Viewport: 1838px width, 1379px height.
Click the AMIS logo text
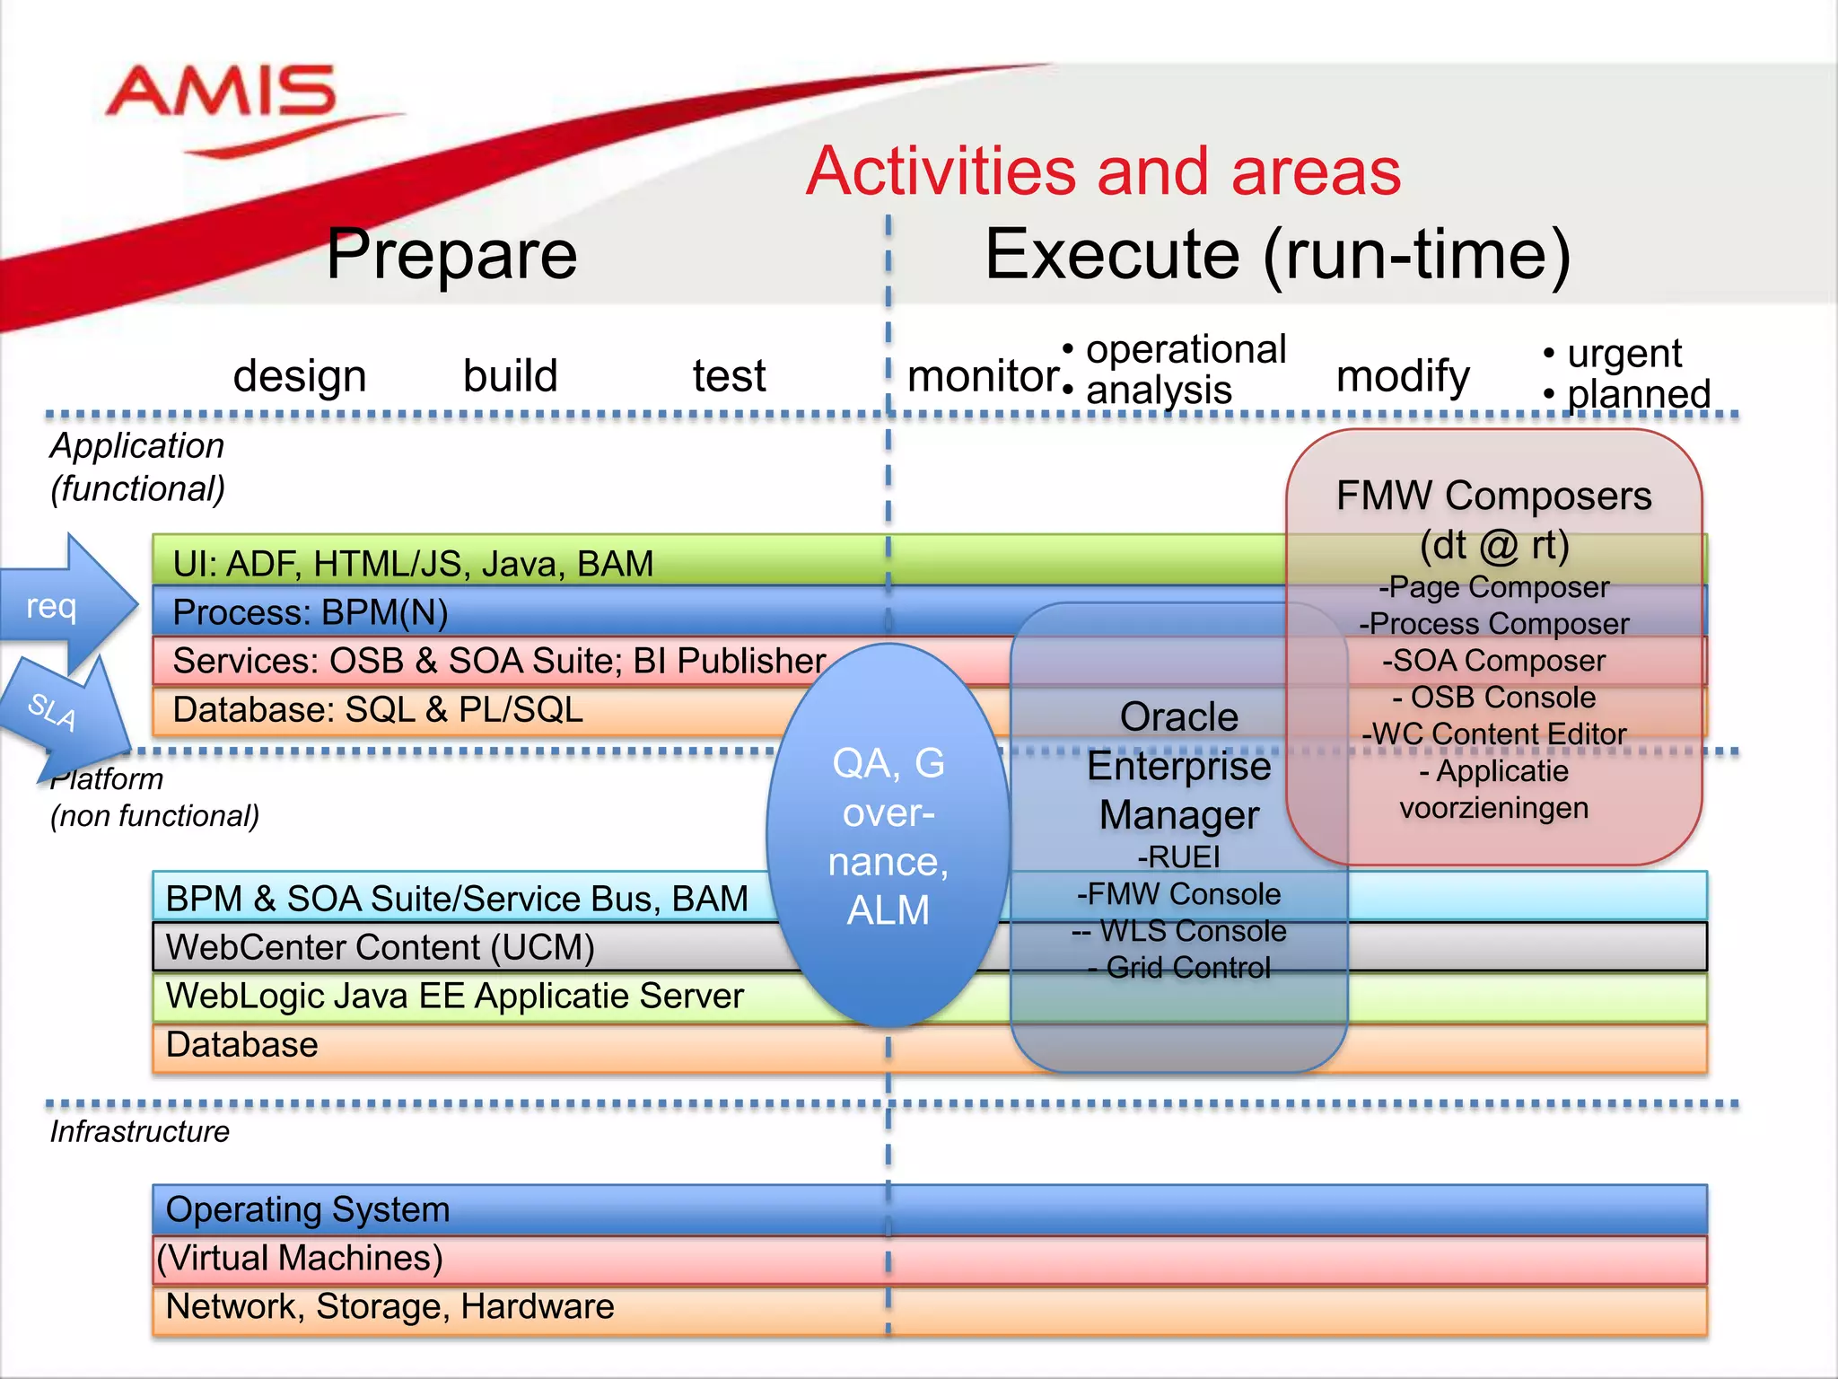pyautogui.click(x=221, y=92)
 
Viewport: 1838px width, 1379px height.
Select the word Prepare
pyautogui.click(x=451, y=254)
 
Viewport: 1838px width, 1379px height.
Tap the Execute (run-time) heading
pyautogui.click(x=1277, y=254)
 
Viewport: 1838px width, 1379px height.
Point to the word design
pyautogui.click(x=300, y=375)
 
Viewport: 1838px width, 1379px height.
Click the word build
pyautogui.click(x=510, y=375)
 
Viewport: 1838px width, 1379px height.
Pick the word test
pyautogui.click(x=729, y=375)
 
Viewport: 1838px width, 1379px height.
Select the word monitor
pyautogui.click(x=983, y=375)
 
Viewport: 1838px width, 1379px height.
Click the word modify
pyautogui.click(x=1402, y=375)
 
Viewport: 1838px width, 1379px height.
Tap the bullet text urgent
pyautogui.click(x=1624, y=353)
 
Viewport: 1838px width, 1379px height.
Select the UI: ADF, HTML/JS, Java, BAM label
pyautogui.click(x=413, y=563)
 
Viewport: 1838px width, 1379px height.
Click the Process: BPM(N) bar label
pyautogui.click(x=310, y=612)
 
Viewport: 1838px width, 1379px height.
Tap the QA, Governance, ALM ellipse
pyautogui.click(x=888, y=835)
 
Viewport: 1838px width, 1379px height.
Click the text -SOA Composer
pyautogui.click(x=1493, y=661)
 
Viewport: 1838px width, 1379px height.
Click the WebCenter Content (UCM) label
pyautogui.click(x=380, y=947)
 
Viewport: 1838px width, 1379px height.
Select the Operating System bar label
pyautogui.click(x=308, y=1209)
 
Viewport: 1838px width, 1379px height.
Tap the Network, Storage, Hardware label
pyautogui.click(x=389, y=1306)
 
